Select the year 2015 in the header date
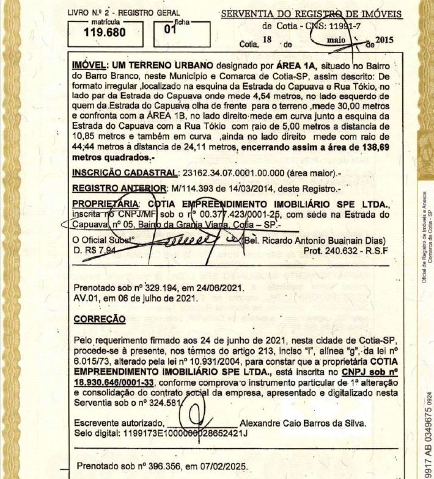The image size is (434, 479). [384, 40]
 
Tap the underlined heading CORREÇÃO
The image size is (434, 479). [99, 319]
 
